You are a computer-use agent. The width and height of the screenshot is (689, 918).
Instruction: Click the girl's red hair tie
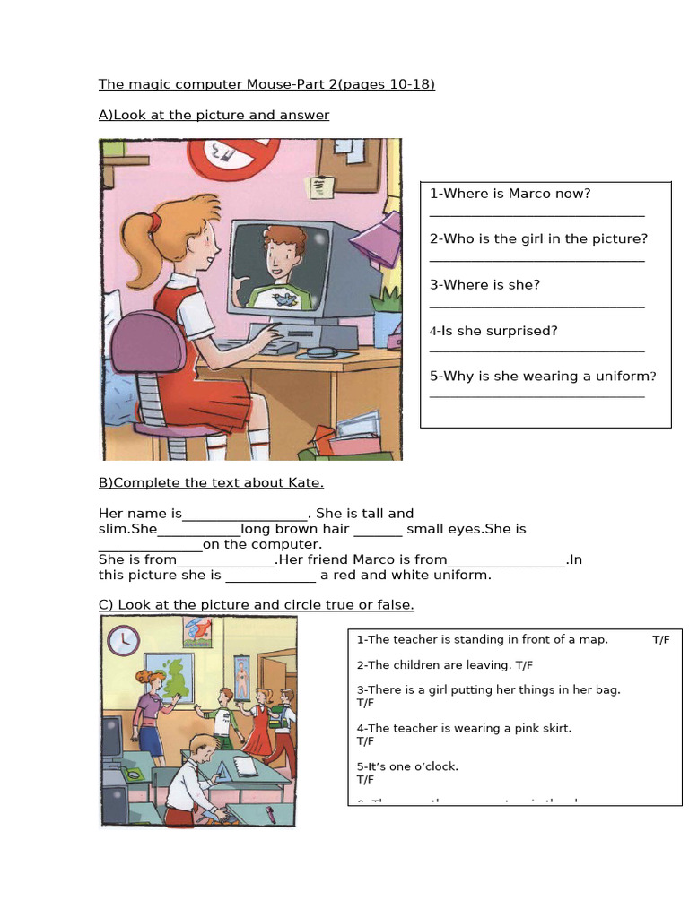[156, 218]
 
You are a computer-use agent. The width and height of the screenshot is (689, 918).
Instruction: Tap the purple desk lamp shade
[376, 239]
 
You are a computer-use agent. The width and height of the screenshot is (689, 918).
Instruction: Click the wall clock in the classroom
[123, 640]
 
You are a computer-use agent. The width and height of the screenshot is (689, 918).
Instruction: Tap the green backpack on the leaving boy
[285, 718]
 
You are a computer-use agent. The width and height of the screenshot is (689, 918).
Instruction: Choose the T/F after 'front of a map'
[661, 640]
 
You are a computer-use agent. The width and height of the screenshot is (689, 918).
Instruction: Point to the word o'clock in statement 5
[437, 766]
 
